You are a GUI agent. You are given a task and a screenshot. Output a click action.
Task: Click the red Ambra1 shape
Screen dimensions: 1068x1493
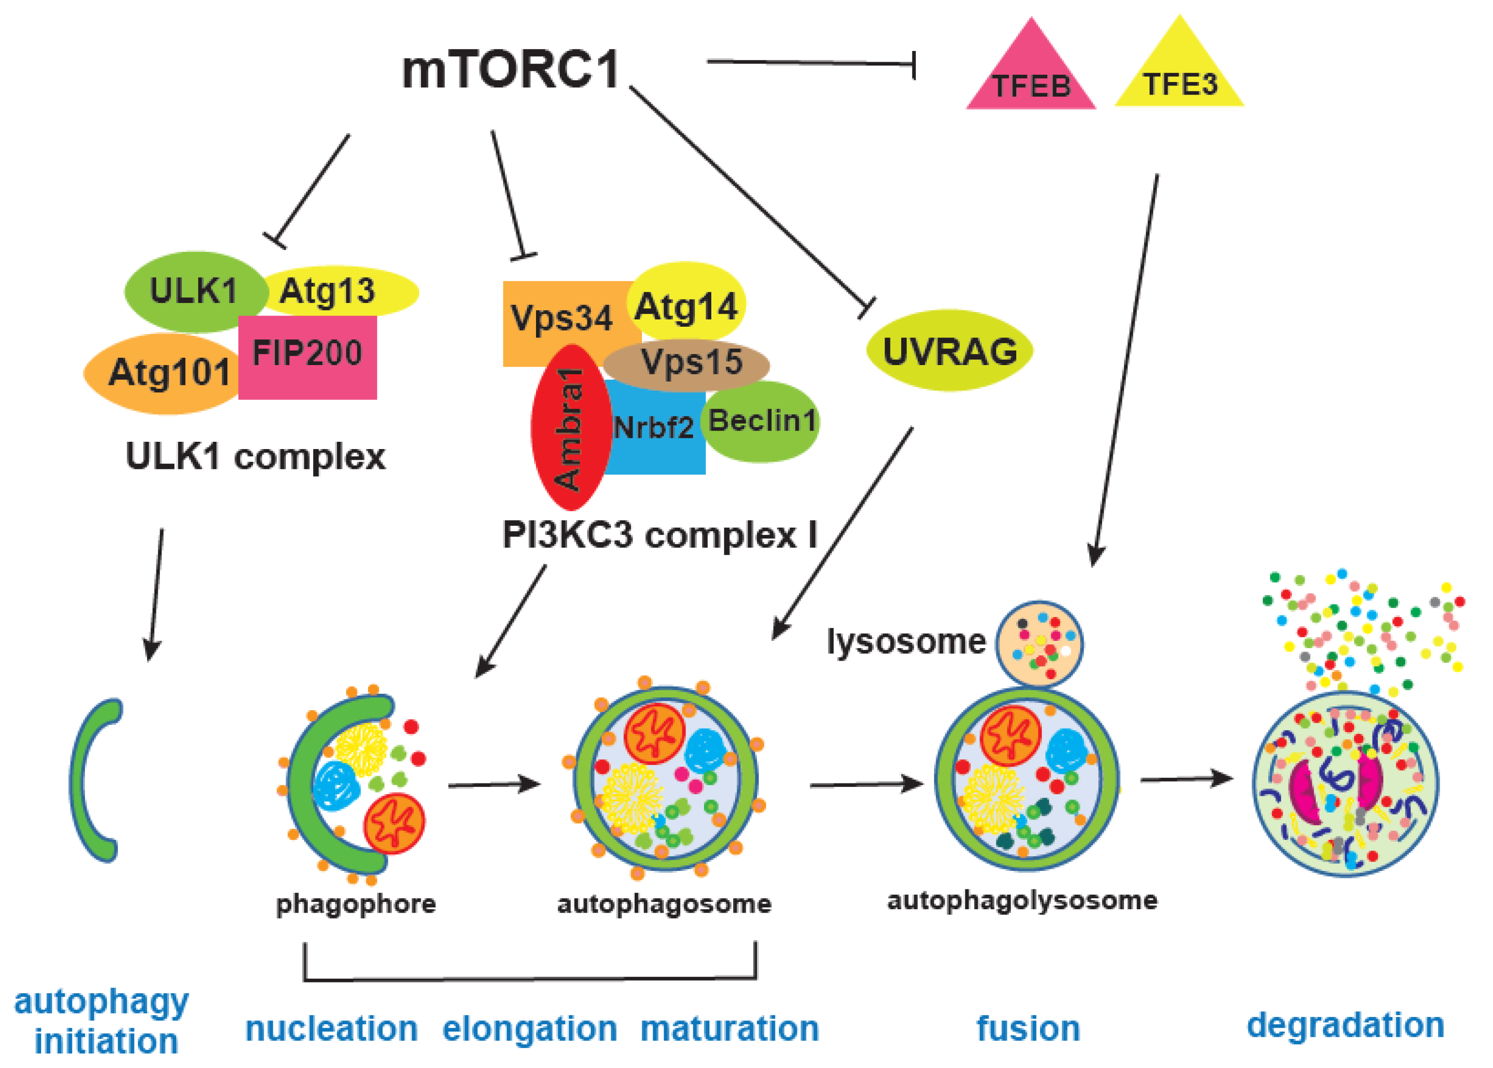coord(569,428)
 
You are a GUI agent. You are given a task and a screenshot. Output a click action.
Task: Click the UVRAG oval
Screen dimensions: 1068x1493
coord(949,351)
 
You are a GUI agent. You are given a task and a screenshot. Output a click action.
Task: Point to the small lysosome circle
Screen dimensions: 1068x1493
coord(1039,643)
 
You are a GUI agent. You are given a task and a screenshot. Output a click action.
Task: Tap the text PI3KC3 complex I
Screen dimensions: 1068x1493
coord(660,534)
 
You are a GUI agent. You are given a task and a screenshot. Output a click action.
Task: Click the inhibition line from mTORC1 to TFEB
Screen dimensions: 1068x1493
coord(809,63)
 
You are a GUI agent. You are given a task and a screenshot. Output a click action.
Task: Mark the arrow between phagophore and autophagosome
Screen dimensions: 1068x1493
coord(493,784)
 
